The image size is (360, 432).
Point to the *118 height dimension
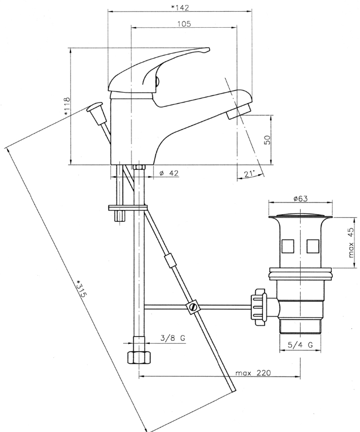(67, 106)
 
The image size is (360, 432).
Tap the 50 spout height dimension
(267, 139)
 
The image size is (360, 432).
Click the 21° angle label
(249, 174)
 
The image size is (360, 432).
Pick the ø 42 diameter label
(169, 174)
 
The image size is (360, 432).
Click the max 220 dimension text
(252, 373)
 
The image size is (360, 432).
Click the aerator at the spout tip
(237, 113)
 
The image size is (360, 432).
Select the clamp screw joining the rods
(192, 307)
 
